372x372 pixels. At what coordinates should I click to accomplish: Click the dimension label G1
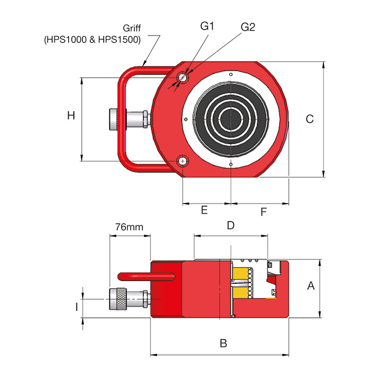[206, 26]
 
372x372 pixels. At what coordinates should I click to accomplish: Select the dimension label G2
[248, 27]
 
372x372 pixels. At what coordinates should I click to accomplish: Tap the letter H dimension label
[71, 115]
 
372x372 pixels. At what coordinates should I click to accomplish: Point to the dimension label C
[310, 119]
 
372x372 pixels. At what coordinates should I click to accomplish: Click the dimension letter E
[204, 210]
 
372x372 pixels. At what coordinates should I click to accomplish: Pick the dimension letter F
[264, 213]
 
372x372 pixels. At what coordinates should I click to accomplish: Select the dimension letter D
[231, 225]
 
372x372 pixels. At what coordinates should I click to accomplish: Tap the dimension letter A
[311, 286]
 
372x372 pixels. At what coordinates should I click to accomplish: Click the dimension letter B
[224, 343]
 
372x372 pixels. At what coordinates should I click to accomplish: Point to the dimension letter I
[77, 307]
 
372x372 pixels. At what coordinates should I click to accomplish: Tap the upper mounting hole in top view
[183, 78]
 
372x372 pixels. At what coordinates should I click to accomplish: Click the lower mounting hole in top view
[183, 161]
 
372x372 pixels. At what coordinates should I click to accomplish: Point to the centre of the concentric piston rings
[231, 119]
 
